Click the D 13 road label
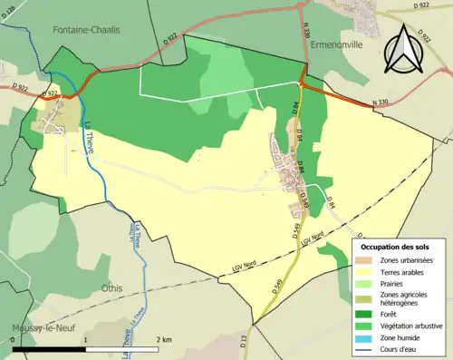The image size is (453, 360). coord(244,342)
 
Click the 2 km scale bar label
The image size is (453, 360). coord(164,339)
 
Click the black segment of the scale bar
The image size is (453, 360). coord(49,349)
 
